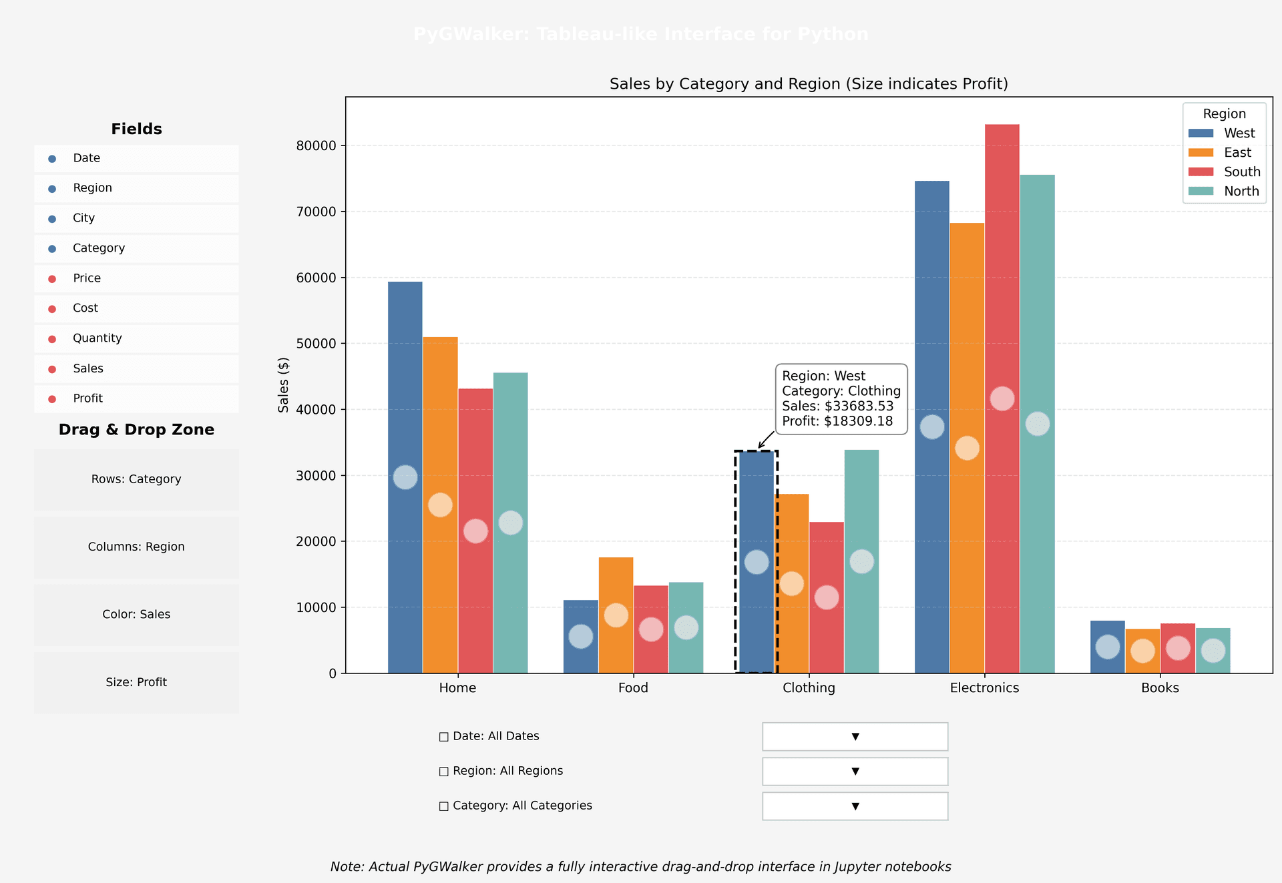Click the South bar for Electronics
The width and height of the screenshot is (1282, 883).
pyautogui.click(x=1002, y=267)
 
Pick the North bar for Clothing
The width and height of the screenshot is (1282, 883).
pyautogui.click(x=861, y=507)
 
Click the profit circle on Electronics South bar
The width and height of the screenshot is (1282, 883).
pyautogui.click(x=1002, y=398)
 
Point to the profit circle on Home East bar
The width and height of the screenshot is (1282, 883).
pyautogui.click(x=440, y=505)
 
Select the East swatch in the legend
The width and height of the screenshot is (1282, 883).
pyautogui.click(x=1201, y=153)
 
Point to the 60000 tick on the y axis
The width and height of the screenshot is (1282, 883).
pyautogui.click(x=316, y=278)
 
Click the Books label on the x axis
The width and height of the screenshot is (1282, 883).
pyautogui.click(x=1160, y=688)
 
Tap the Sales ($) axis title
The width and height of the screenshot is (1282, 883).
pyautogui.click(x=284, y=385)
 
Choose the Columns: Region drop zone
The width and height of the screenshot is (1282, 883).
pyautogui.click(x=136, y=547)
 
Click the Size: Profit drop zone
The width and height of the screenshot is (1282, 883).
pyautogui.click(x=136, y=682)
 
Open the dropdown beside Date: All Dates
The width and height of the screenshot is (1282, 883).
pyautogui.click(x=855, y=736)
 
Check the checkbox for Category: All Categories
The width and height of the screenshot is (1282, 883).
pyautogui.click(x=444, y=806)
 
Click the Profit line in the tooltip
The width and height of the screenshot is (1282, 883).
pyautogui.click(x=837, y=421)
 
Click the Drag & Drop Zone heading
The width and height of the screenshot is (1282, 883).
pyautogui.click(x=136, y=430)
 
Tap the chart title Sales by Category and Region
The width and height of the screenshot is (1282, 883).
pyautogui.click(x=808, y=84)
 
